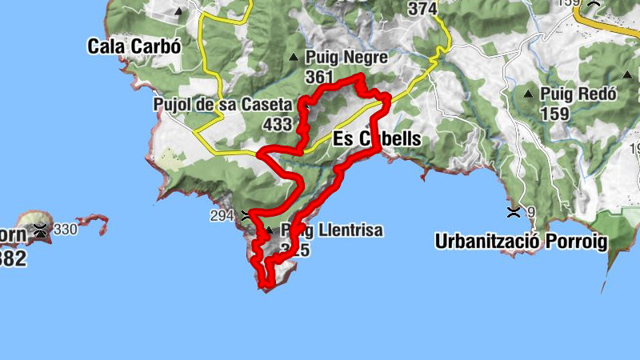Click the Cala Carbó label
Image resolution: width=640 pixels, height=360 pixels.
(x=135, y=46)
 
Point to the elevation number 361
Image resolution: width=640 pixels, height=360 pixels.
(x=318, y=77)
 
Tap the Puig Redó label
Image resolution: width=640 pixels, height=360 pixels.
(x=578, y=94)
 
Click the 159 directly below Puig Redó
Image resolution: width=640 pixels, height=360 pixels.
(x=554, y=113)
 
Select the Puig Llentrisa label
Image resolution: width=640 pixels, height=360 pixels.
(x=330, y=230)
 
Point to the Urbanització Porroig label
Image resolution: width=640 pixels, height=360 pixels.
(x=522, y=240)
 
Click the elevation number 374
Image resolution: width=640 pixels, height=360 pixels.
(x=422, y=10)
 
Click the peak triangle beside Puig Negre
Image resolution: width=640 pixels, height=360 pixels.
(x=294, y=58)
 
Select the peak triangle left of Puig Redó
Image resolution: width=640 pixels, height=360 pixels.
(x=527, y=94)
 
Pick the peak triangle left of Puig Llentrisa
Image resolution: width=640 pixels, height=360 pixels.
(x=269, y=230)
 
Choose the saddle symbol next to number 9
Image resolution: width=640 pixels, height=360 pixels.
(x=513, y=212)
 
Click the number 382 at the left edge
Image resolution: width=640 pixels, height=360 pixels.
(x=13, y=258)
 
